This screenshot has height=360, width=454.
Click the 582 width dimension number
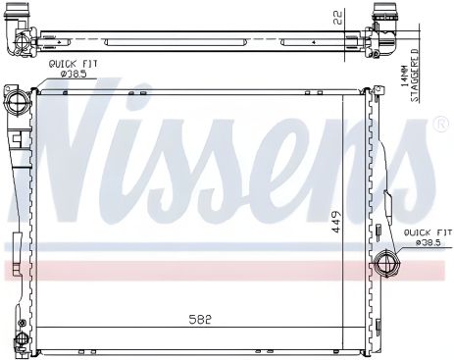[200, 319]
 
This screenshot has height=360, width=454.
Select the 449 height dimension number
[336, 222]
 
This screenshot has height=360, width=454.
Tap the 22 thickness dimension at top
[338, 18]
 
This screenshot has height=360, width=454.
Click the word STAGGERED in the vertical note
[414, 76]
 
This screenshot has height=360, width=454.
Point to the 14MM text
[404, 76]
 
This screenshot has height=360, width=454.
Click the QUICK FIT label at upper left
[73, 64]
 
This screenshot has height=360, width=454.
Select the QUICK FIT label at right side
[429, 232]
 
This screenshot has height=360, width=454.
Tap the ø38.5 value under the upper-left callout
[74, 75]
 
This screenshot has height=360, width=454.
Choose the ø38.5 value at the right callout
[429, 243]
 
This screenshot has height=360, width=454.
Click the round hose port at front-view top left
[17, 102]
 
